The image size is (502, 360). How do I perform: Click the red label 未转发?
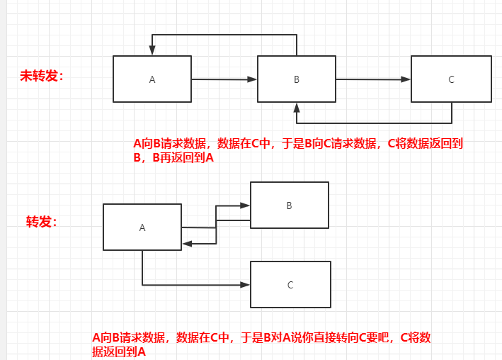tap(42, 76)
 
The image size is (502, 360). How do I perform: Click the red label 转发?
tap(42, 222)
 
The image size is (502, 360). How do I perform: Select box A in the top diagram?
tap(152, 79)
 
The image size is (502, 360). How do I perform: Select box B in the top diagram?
tap(297, 79)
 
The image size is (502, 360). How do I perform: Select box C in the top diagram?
tap(451, 79)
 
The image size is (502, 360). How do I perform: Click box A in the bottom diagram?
tap(142, 227)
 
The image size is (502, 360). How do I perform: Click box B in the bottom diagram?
tap(289, 206)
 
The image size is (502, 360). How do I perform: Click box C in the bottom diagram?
tap(290, 284)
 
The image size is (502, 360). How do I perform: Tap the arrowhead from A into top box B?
tap(252, 79)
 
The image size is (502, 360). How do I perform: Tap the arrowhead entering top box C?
tap(406, 79)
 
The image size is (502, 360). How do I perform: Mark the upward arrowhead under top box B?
tap(297, 108)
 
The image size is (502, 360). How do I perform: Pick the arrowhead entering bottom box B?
tap(245, 206)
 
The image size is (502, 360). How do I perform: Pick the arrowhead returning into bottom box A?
tap(187, 243)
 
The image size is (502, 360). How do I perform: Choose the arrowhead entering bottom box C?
tap(245, 285)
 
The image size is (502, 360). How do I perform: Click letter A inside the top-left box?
tap(152, 79)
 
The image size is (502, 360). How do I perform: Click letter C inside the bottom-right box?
tap(290, 285)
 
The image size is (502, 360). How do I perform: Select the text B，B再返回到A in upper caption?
tap(173, 159)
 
